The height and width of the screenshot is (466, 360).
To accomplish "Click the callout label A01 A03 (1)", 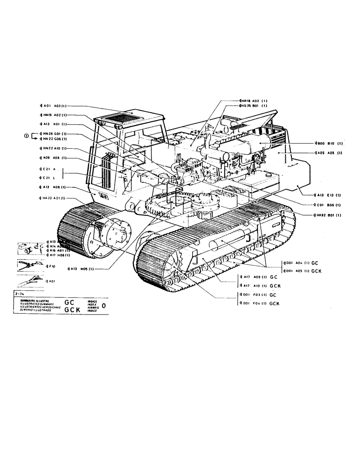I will click(54, 106).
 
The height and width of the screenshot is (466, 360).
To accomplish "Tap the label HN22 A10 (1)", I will click(54, 148).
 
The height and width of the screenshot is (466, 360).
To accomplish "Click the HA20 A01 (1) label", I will click(54, 198).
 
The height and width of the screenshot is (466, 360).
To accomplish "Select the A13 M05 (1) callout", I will click(82, 268).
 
